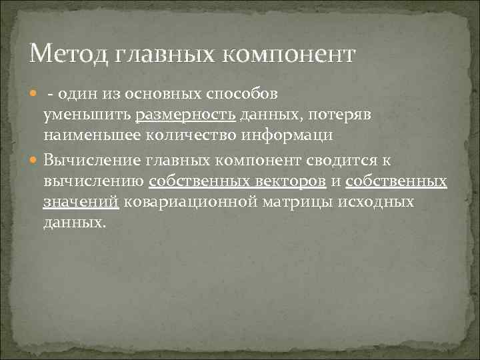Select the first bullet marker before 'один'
[x=35, y=94]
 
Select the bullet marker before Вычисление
[x=35, y=159]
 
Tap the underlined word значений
[x=81, y=201]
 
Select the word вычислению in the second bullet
[x=94, y=181]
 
